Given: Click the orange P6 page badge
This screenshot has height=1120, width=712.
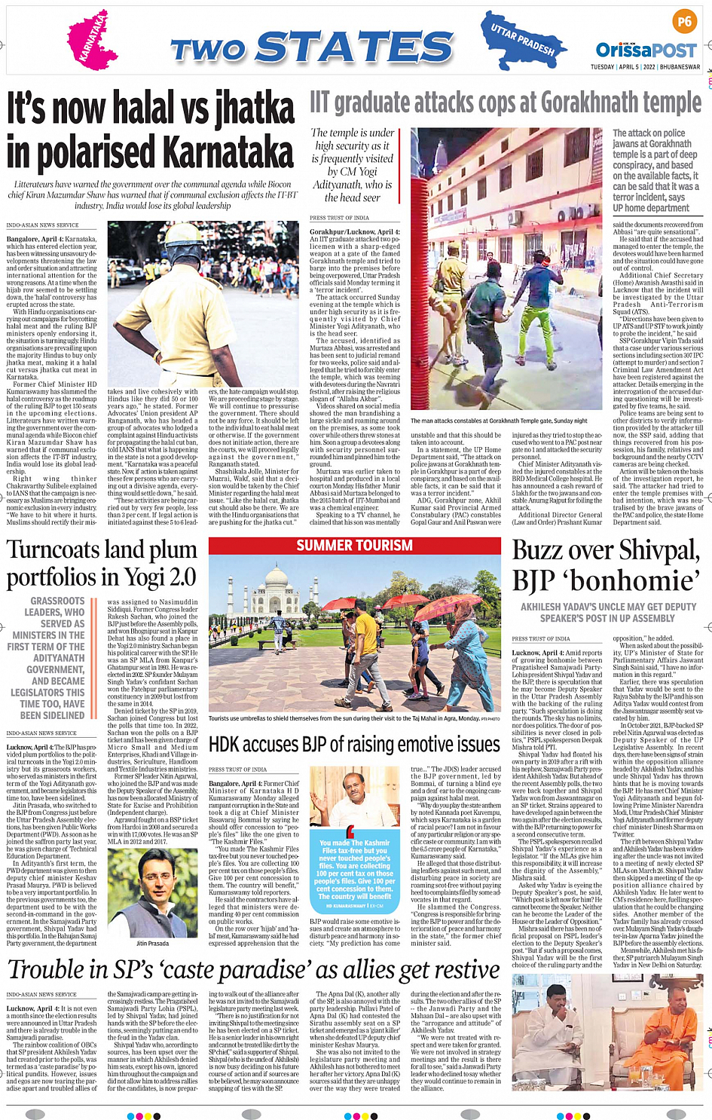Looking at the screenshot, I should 684,22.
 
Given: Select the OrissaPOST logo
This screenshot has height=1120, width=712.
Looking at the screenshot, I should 646,50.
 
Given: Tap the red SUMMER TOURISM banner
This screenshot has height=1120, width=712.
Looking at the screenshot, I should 354,545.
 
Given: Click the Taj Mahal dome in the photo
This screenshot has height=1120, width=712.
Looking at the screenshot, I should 277,589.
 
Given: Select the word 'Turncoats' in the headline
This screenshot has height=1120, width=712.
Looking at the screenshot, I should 57,549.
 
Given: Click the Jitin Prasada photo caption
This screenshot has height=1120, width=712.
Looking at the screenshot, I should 152,943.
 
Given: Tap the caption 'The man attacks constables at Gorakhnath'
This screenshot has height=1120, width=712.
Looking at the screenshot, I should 498,421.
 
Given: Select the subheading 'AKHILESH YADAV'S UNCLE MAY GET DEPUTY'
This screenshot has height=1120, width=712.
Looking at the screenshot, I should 608,607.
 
